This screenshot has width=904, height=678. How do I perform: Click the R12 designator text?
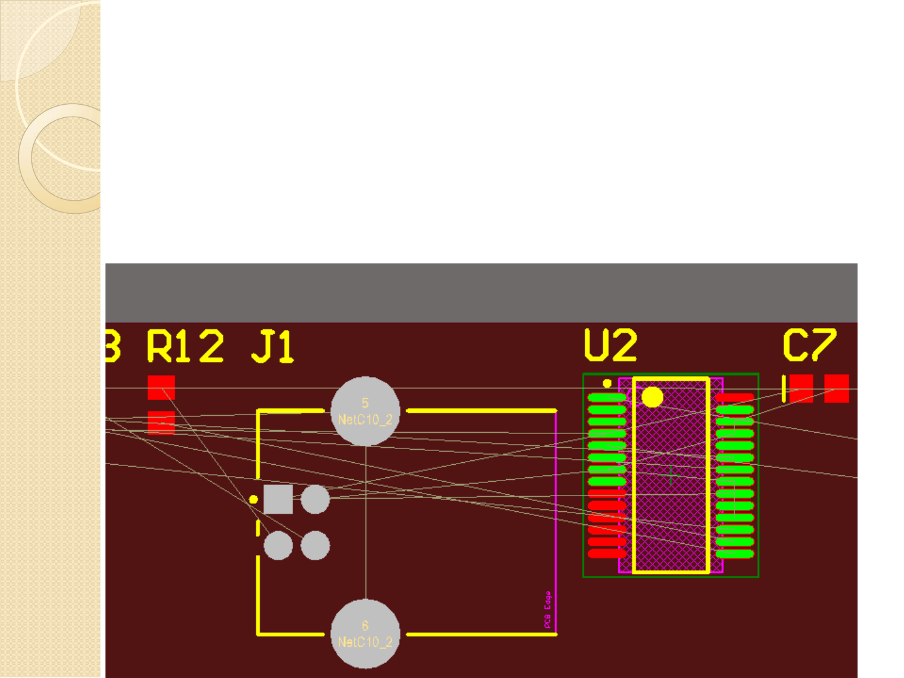click(185, 346)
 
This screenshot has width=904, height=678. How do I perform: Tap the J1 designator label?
click(272, 347)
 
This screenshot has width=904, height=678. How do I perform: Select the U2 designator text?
click(610, 345)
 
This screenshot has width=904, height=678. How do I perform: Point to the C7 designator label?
click(809, 345)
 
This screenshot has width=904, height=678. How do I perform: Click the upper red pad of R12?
click(161, 388)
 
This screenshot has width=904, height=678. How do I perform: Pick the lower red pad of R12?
click(161, 422)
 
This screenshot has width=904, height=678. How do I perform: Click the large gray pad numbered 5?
click(365, 411)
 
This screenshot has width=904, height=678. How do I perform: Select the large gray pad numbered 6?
click(365, 634)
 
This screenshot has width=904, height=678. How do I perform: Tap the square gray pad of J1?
click(278, 499)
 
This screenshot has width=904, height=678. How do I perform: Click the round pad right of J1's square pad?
click(315, 499)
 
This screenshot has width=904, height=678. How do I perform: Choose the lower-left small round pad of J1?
click(278, 546)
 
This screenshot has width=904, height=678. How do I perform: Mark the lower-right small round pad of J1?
click(315, 546)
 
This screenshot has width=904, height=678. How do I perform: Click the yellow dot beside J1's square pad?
click(254, 499)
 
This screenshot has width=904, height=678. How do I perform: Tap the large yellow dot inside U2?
click(652, 397)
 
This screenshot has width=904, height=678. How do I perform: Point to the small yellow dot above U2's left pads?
click(607, 383)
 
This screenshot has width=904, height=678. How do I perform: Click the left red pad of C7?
click(801, 388)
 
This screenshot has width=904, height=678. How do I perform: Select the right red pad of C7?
click(836, 388)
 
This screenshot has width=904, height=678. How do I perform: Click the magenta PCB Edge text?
click(547, 610)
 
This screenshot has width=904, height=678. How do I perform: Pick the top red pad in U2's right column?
click(734, 398)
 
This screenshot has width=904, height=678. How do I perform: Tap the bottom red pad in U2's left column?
click(607, 554)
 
